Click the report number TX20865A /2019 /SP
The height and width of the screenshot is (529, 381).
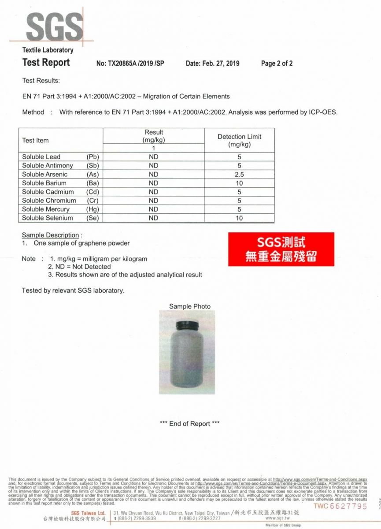(x=130, y=63)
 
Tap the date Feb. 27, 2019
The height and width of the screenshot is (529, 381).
(x=212, y=63)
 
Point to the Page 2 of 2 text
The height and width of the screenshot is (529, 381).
(x=277, y=63)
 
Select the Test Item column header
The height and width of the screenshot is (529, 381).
(x=35, y=140)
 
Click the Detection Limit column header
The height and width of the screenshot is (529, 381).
(x=239, y=140)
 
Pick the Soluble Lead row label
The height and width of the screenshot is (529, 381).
(x=41, y=157)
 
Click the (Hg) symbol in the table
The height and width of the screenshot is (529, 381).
(x=92, y=209)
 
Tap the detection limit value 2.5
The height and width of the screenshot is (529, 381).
(x=239, y=174)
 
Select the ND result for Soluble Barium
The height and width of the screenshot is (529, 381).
(x=153, y=183)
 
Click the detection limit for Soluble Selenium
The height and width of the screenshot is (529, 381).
(x=239, y=218)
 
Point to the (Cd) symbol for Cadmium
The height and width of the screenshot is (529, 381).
(x=92, y=192)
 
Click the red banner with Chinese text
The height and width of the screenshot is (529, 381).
(x=281, y=249)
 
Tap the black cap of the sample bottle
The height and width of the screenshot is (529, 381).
(x=188, y=325)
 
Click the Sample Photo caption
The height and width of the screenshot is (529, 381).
(x=190, y=306)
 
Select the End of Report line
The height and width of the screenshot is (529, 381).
(x=190, y=424)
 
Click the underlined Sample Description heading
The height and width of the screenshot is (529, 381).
(x=50, y=235)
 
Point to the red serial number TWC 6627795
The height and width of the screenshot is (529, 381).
(x=340, y=506)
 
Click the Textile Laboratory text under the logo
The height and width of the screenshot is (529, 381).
(x=48, y=50)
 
